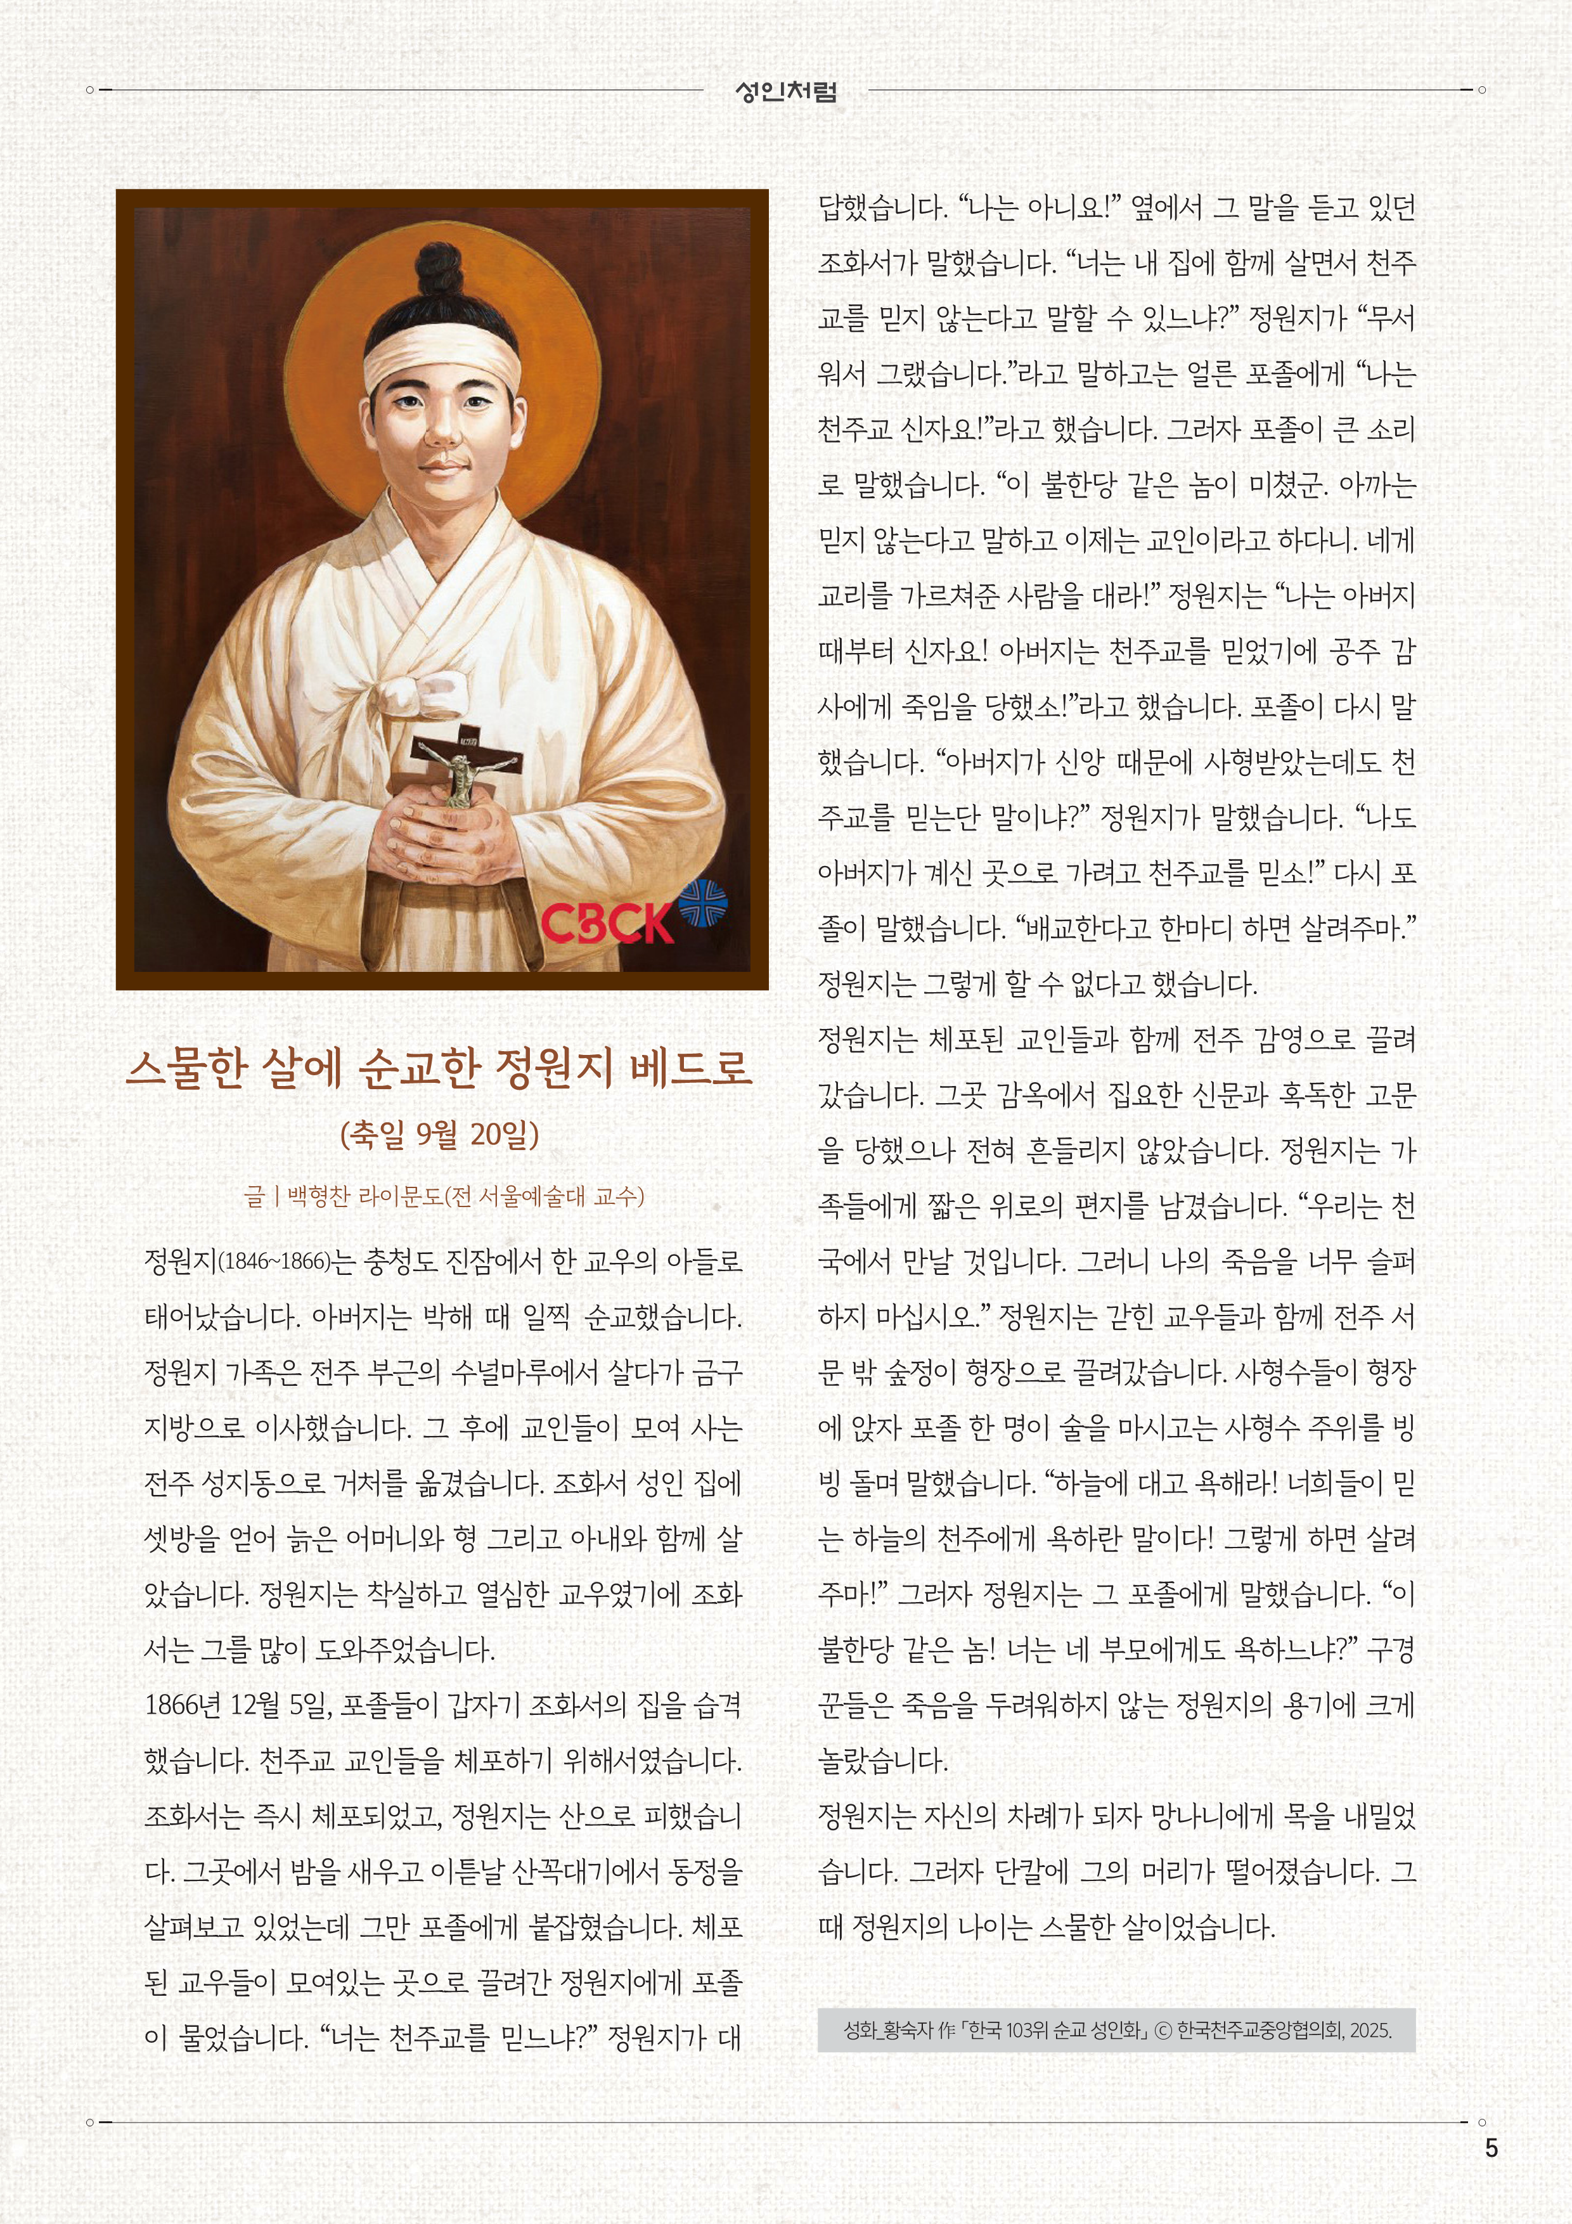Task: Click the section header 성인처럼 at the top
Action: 785,92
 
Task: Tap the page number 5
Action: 1491,2147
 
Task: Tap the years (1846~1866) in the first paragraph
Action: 274,1261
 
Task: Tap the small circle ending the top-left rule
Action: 89,90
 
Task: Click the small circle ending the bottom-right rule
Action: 1482,2123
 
